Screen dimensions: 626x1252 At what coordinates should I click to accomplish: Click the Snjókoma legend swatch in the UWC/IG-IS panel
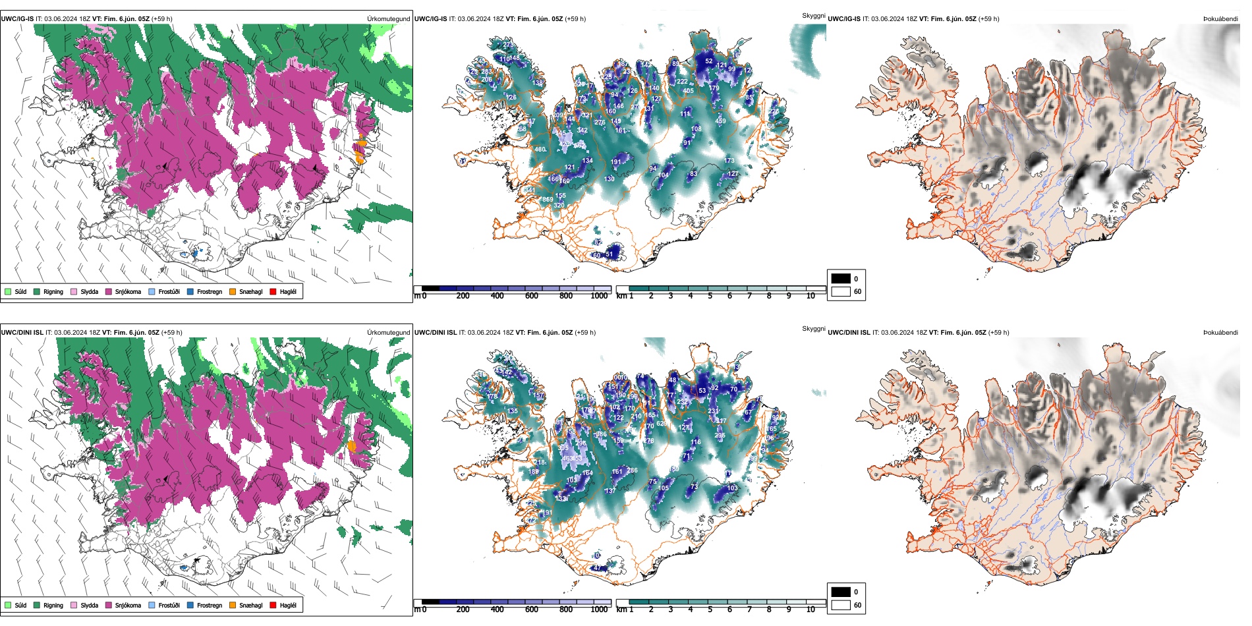109,291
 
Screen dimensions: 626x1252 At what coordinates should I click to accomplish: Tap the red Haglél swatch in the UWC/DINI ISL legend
273,605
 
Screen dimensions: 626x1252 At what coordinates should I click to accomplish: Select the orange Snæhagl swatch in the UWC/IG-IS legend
233,291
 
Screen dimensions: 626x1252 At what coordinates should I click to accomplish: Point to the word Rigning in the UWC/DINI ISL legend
53,606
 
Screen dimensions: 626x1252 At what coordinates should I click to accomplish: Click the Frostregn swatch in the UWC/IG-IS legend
190,291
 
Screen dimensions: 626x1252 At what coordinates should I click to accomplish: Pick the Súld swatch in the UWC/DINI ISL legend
8,605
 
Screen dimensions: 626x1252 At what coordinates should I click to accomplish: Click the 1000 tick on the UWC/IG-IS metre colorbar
599,296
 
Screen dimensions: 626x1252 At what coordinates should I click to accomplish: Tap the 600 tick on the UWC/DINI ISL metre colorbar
531,610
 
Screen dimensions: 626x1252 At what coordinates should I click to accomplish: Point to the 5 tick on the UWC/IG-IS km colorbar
710,296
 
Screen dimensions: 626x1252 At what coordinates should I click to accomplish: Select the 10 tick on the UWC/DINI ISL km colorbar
810,610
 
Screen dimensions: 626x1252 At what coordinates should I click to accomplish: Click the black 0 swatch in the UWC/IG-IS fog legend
841,279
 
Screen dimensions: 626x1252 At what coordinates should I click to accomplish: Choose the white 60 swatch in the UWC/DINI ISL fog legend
841,605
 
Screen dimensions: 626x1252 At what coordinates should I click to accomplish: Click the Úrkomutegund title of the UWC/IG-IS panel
388,19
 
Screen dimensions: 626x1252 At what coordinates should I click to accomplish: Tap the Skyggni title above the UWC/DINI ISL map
813,329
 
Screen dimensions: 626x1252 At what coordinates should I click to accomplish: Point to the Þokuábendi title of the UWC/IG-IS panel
1220,19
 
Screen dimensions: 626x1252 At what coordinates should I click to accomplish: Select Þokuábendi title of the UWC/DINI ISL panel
1220,333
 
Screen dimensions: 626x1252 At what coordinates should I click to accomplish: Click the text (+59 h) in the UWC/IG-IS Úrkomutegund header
161,19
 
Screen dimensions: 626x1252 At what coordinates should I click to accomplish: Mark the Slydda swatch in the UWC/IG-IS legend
74,291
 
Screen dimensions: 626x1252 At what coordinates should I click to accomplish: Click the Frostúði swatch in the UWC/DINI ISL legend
152,605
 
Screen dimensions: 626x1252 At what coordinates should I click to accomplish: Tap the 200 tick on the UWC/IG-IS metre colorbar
463,296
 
